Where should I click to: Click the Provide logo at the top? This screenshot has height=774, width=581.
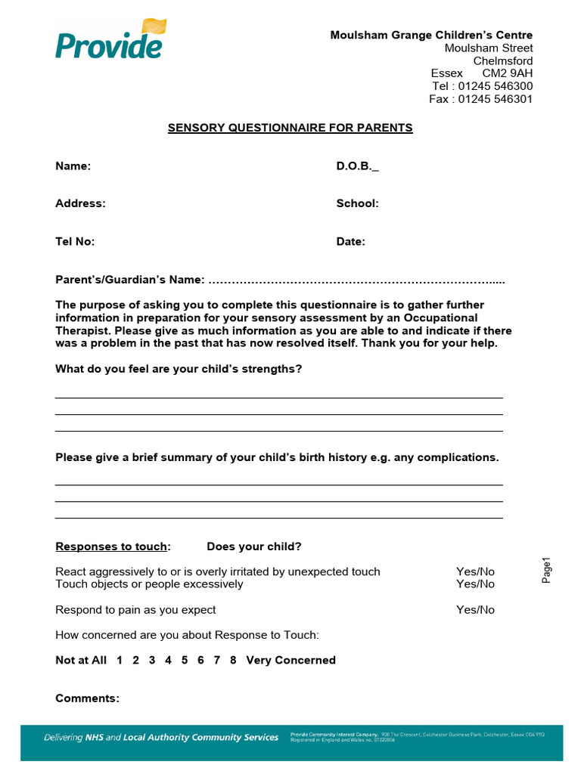[x=109, y=40]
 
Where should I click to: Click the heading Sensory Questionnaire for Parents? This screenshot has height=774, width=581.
[x=290, y=128]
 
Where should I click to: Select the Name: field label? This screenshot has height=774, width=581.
[x=73, y=166]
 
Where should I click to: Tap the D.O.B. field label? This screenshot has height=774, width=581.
[x=357, y=166]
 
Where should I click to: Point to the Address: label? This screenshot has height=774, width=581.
[x=80, y=203]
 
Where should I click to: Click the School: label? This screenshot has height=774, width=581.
[x=357, y=203]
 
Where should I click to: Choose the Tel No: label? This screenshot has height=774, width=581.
[x=75, y=242]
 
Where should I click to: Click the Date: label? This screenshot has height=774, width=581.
[x=350, y=242]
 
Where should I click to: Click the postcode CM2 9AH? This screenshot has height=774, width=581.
[x=507, y=73]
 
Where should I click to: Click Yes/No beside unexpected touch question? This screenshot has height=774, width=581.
[x=475, y=571]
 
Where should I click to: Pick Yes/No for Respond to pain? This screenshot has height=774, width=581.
[x=475, y=609]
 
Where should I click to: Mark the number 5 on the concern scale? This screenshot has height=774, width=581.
[x=185, y=660]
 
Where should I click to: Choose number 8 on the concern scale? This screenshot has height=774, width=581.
[x=233, y=660]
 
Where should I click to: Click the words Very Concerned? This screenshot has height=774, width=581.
[x=290, y=660]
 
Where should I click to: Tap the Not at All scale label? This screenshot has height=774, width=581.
[x=81, y=660]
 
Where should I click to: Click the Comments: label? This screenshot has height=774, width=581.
[x=87, y=698]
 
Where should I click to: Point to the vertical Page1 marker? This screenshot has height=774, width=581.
[x=547, y=570]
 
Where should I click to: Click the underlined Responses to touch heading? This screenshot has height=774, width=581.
[x=113, y=546]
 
